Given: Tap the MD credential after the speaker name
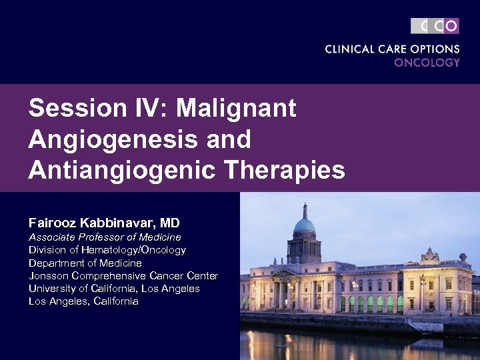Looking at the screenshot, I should (x=170, y=223).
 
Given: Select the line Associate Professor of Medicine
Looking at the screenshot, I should (x=105, y=237).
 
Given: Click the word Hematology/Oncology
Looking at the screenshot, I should (x=133, y=250).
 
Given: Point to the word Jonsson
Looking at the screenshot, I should (x=48, y=275).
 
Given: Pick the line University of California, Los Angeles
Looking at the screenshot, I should (x=114, y=288).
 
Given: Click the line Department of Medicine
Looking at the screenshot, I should (x=85, y=263).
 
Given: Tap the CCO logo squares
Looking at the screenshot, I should (x=435, y=26).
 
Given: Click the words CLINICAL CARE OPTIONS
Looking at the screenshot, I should (x=392, y=49).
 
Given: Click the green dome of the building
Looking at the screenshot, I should (x=305, y=225).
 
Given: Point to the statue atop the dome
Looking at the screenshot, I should (x=305, y=207).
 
